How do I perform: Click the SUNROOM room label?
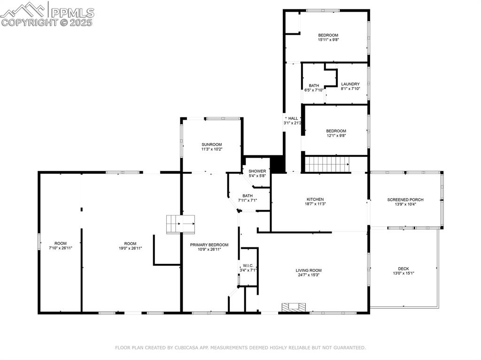point(211,145)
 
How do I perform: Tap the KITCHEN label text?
point(315,199)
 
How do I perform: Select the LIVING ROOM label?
point(309,270)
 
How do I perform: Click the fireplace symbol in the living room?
point(294,307)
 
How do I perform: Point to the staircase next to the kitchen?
point(327,164)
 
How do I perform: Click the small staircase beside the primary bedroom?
point(181,224)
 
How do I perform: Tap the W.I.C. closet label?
point(248,266)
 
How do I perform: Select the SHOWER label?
point(257,171)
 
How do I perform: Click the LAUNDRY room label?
point(350,84)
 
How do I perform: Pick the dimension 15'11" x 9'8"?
point(328,40)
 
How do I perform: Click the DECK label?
point(403,269)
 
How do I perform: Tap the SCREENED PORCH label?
point(405,199)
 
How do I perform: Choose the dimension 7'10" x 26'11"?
point(60,248)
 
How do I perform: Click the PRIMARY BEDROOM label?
point(209,245)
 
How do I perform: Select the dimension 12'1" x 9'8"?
point(336,136)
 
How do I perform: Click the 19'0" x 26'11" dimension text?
point(130,248)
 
